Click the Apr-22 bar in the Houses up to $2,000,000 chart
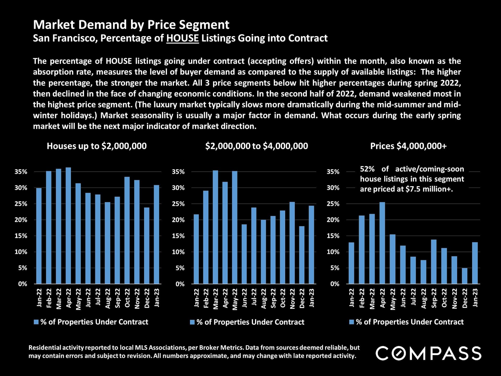[68, 226]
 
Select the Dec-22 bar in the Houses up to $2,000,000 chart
[147, 245]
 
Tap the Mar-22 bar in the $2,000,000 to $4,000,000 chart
[215, 227]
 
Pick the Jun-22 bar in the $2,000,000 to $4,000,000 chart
[244, 254]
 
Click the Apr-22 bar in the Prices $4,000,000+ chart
[382, 243]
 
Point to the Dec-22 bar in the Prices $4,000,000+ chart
[464, 276]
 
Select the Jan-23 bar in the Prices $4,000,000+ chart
[475, 263]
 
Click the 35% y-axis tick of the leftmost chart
[21, 172]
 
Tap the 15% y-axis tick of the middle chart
[178, 236]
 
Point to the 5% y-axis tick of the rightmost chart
[335, 268]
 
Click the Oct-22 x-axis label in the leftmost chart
[127, 298]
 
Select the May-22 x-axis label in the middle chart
[235, 299]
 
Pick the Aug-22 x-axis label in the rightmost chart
[424, 298]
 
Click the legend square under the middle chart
[192, 322]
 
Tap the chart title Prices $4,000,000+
[408, 146]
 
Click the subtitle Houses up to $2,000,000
[97, 146]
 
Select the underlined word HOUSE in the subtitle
[182, 38]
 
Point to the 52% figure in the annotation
[367, 169]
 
